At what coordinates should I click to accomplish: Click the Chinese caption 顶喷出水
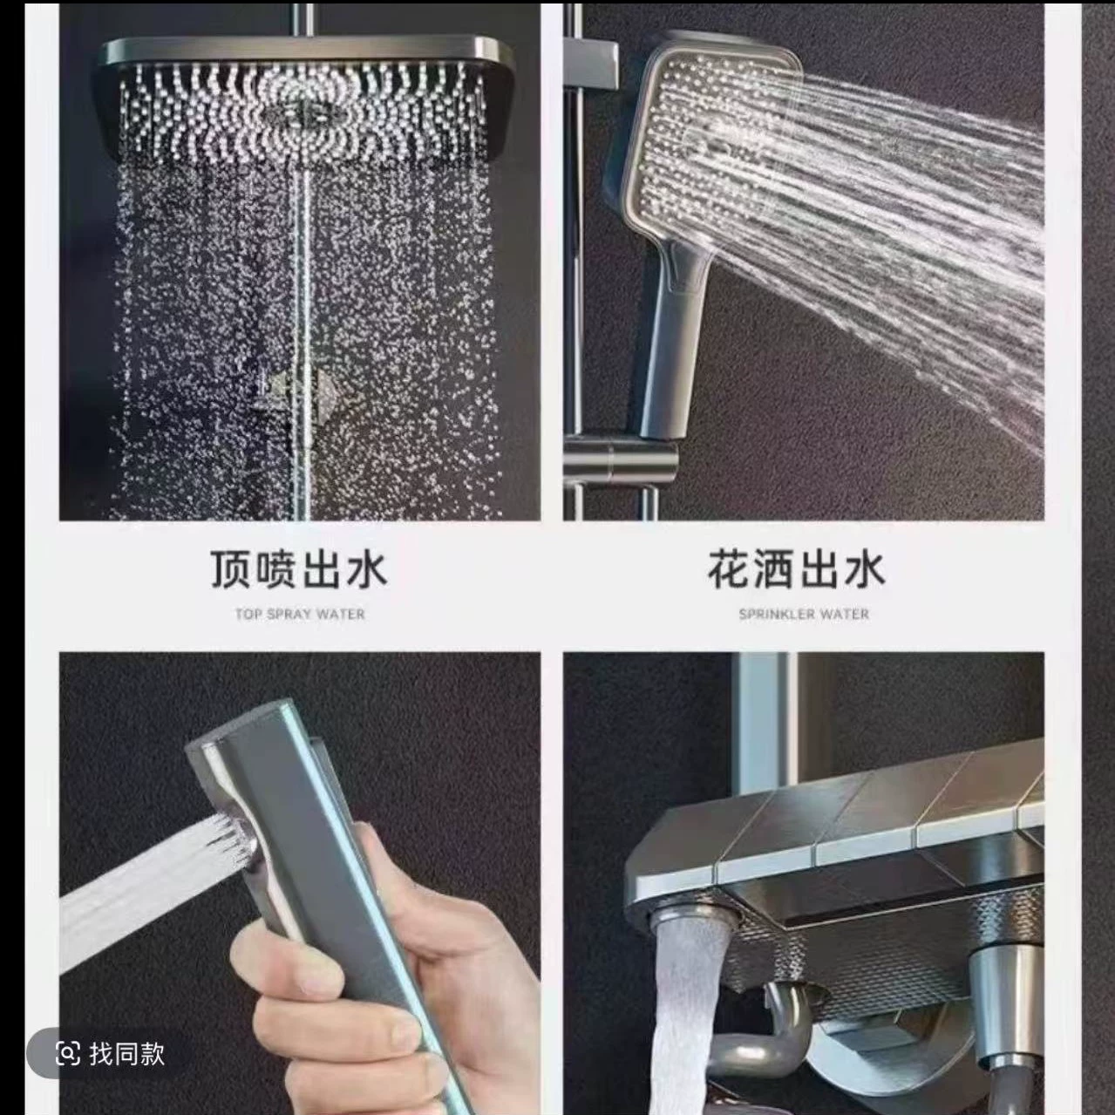click(298, 569)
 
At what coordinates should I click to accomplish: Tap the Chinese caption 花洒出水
click(797, 569)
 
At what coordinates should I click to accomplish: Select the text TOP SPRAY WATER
click(300, 614)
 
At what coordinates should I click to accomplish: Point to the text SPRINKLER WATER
click(804, 614)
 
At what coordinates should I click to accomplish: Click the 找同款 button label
click(126, 1053)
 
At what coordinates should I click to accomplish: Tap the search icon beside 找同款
click(68, 1053)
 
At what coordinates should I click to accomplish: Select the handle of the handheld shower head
click(671, 347)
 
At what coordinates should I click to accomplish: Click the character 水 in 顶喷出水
click(365, 569)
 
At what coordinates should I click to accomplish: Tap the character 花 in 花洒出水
click(729, 569)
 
